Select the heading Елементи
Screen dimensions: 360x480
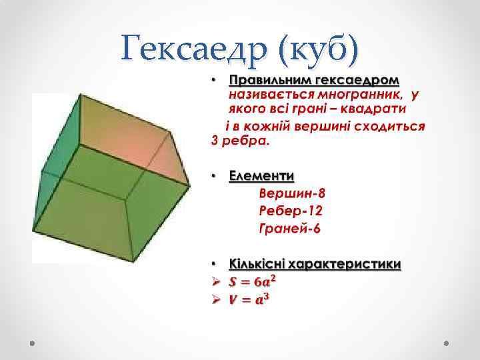261,176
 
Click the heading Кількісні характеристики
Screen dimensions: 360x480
315,263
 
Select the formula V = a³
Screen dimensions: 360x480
247,299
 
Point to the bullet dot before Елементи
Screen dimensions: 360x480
215,176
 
